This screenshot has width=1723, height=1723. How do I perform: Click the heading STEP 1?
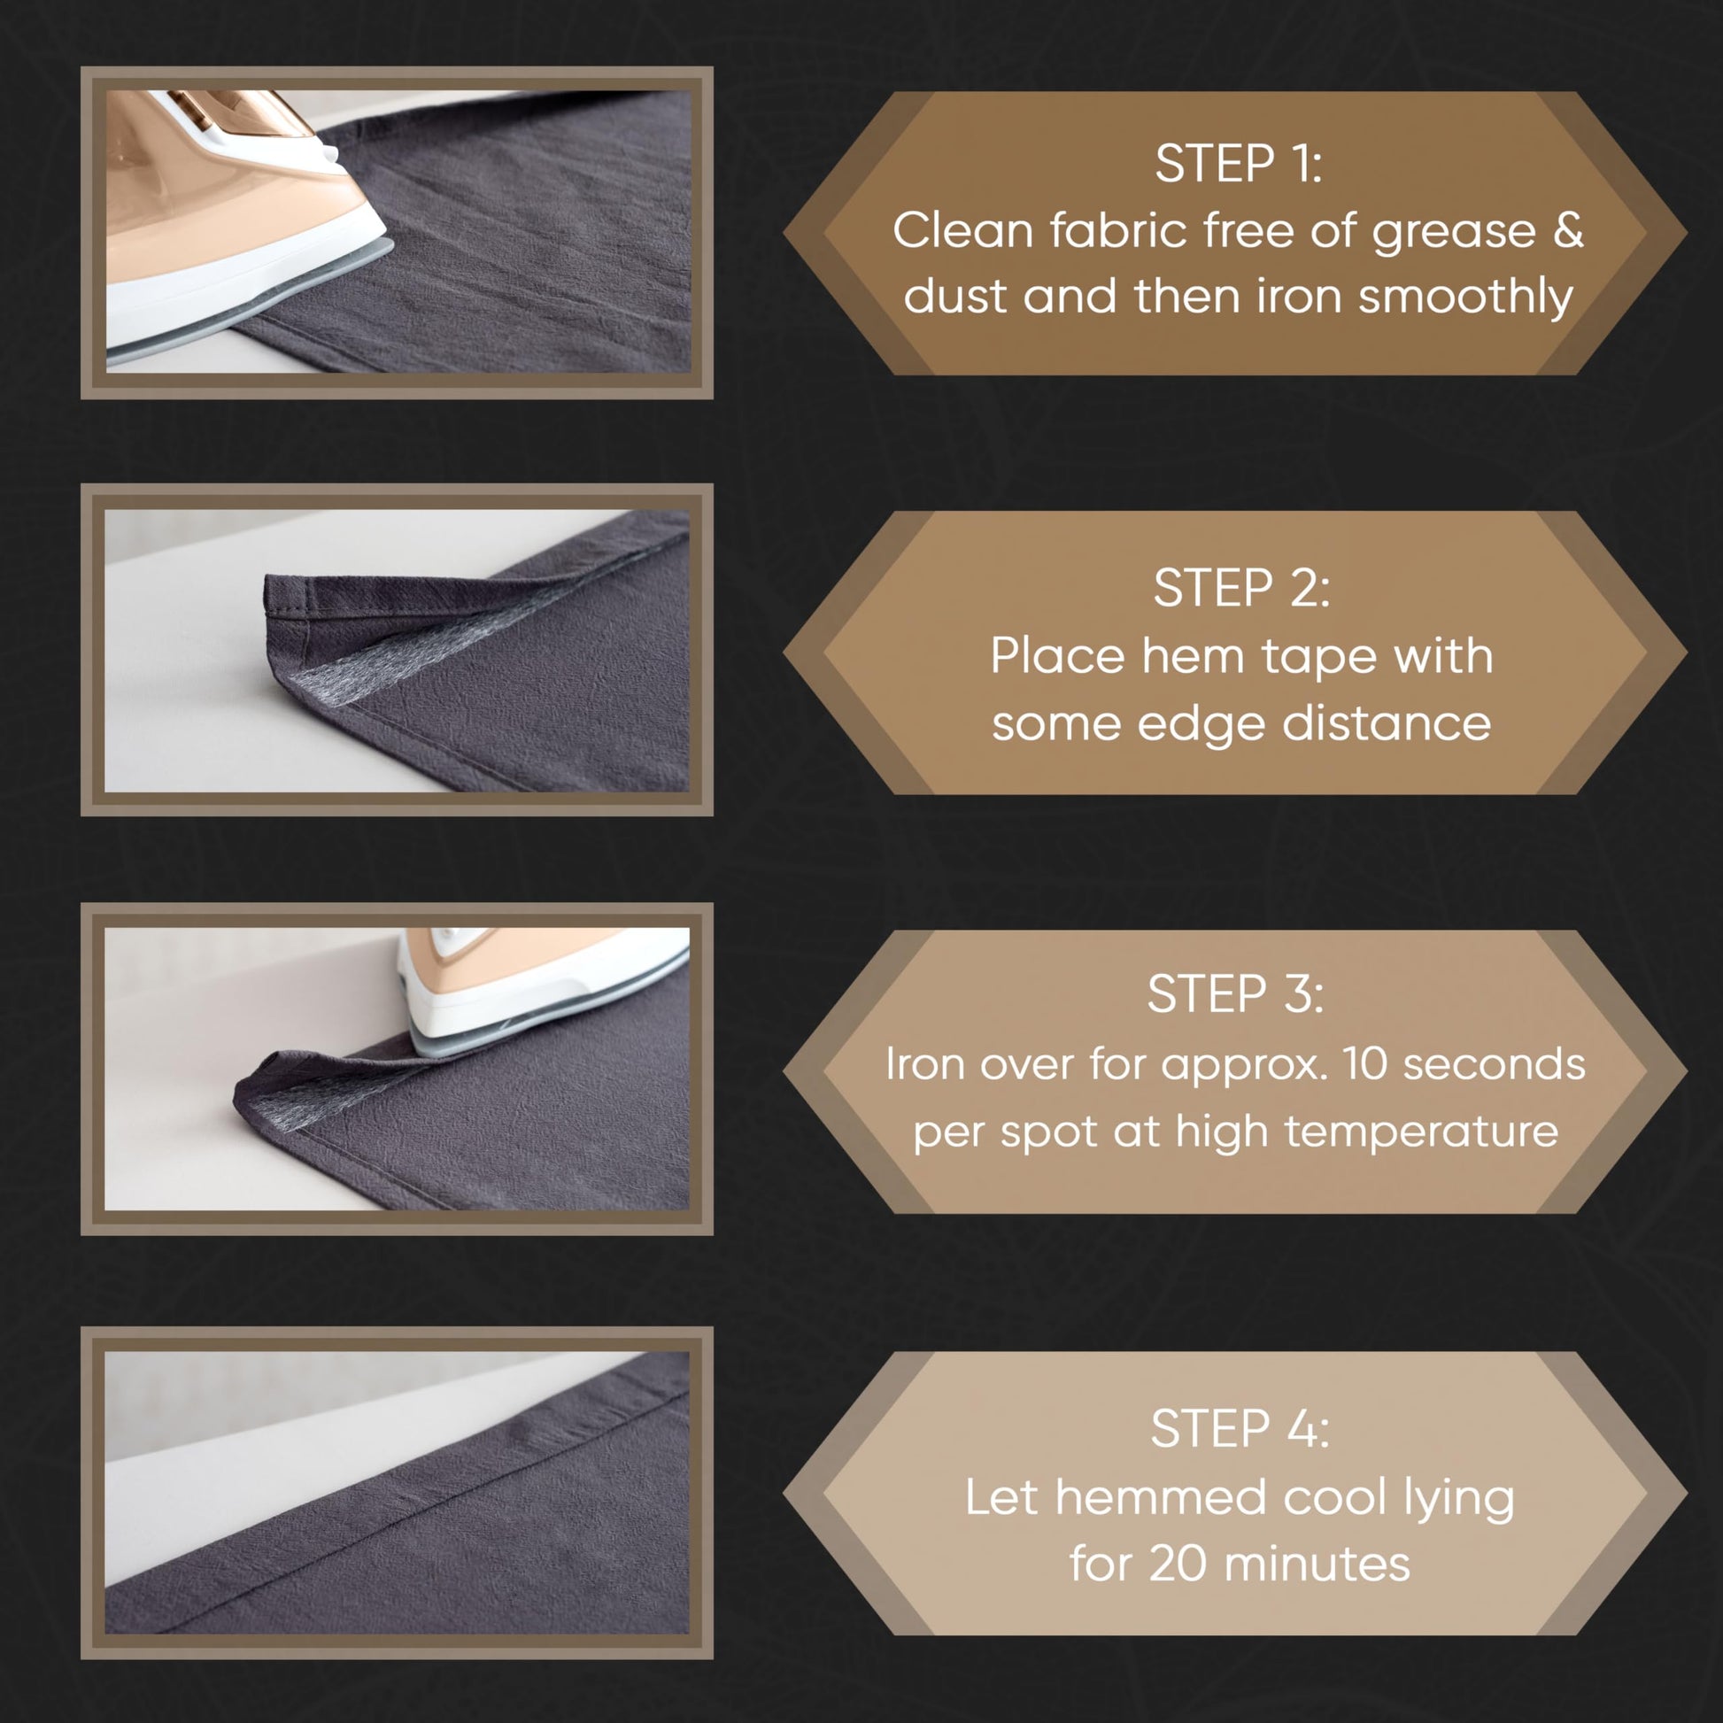(1238, 164)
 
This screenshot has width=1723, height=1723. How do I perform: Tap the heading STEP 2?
(1241, 588)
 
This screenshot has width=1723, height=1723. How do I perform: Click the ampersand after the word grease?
(1567, 230)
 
